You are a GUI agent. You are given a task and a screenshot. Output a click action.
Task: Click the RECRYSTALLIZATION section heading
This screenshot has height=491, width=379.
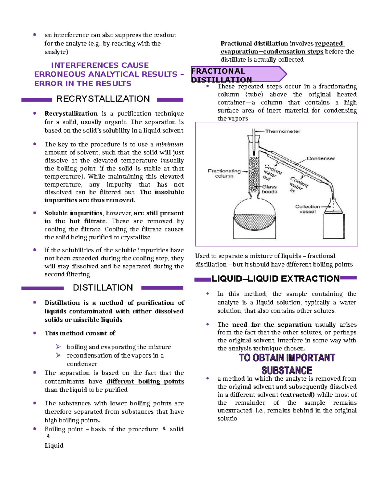[x=103, y=99]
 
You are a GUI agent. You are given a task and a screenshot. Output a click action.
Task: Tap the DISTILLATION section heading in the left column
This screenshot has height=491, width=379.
[x=103, y=288]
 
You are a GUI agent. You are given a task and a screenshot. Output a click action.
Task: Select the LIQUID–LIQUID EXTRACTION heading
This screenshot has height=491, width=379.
[x=275, y=279]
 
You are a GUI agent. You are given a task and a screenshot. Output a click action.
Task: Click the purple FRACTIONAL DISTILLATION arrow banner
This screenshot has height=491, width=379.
[x=238, y=75]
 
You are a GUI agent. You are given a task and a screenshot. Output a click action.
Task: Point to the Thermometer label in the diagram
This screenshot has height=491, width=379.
[x=282, y=131]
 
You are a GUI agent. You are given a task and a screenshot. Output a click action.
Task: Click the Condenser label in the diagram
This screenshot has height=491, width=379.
[x=321, y=158]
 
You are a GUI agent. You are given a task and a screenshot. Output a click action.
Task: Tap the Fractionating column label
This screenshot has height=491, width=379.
[x=224, y=173]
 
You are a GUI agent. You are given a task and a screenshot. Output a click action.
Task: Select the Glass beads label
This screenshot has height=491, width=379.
[x=269, y=189]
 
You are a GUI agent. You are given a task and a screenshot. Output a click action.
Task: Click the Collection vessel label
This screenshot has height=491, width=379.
[x=307, y=209]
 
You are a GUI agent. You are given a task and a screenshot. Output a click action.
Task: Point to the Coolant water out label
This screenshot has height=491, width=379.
[x=271, y=172]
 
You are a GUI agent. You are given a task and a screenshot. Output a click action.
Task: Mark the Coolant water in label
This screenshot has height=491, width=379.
[x=298, y=185]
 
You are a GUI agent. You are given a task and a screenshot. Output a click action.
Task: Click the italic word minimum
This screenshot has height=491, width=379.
[x=170, y=144]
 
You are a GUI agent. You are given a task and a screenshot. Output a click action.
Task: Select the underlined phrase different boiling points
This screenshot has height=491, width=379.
[x=145, y=381]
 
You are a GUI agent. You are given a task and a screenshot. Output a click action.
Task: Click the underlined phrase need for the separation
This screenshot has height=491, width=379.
[x=272, y=325]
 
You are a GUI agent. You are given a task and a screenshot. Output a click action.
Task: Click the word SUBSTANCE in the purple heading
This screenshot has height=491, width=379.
[x=287, y=370]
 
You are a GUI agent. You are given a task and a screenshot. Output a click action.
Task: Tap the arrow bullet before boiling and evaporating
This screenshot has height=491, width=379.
[x=58, y=347]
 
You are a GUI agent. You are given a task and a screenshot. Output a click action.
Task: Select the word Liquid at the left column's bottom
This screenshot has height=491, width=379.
[x=54, y=445]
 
